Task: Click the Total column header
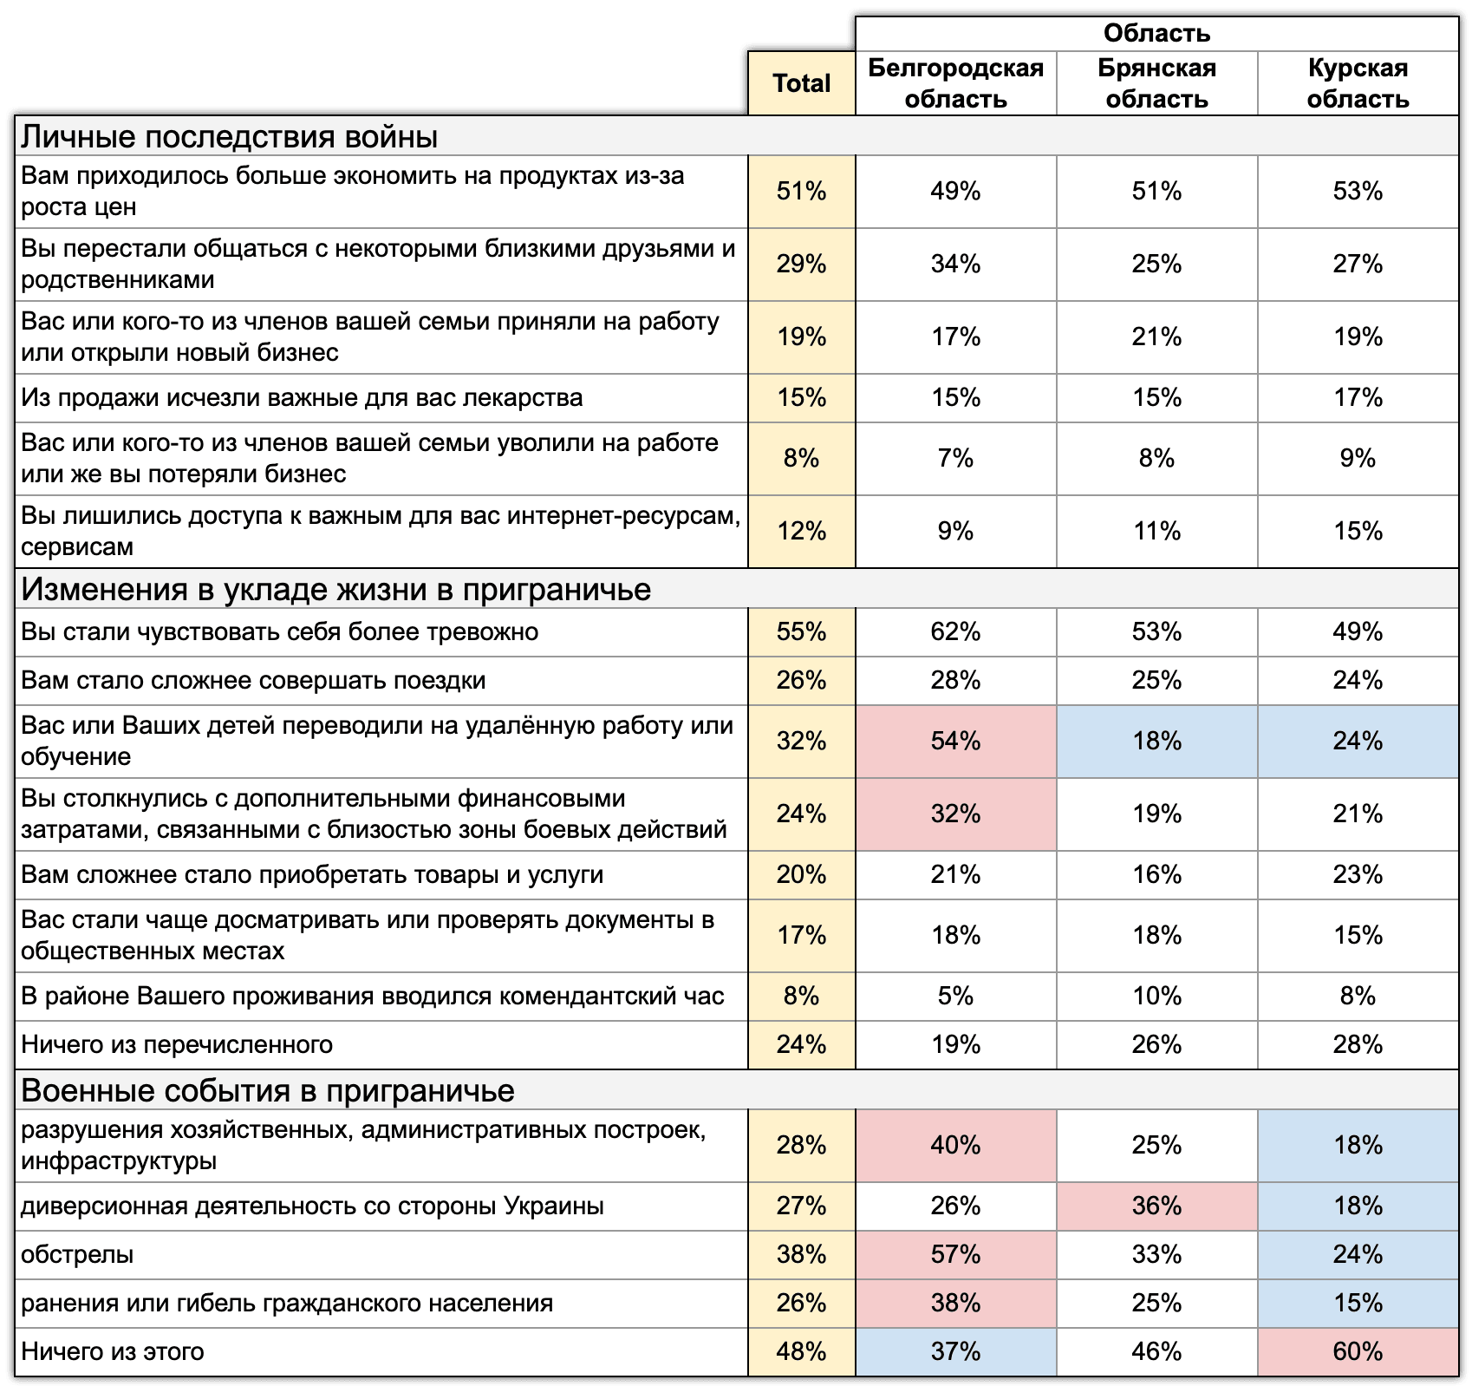(x=801, y=83)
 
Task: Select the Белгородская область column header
(x=955, y=83)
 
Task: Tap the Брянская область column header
(x=1156, y=83)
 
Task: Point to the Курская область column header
(x=1358, y=83)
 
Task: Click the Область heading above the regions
(x=1156, y=34)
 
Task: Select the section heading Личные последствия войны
(x=229, y=137)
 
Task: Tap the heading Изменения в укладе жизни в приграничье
(x=335, y=589)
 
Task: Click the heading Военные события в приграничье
(x=267, y=1090)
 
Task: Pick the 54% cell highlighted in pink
(x=955, y=741)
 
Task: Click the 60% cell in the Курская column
(x=1358, y=1351)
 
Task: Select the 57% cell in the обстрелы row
(x=955, y=1254)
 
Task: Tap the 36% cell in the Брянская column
(x=1156, y=1206)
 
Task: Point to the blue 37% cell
(x=955, y=1351)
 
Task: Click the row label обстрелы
(x=77, y=1254)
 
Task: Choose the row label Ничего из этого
(x=113, y=1351)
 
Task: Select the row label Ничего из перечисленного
(x=177, y=1044)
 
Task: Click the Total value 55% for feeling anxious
(x=801, y=631)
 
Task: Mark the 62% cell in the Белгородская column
(x=955, y=631)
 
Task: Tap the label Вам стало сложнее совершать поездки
(x=253, y=680)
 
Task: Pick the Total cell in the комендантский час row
(x=801, y=996)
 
